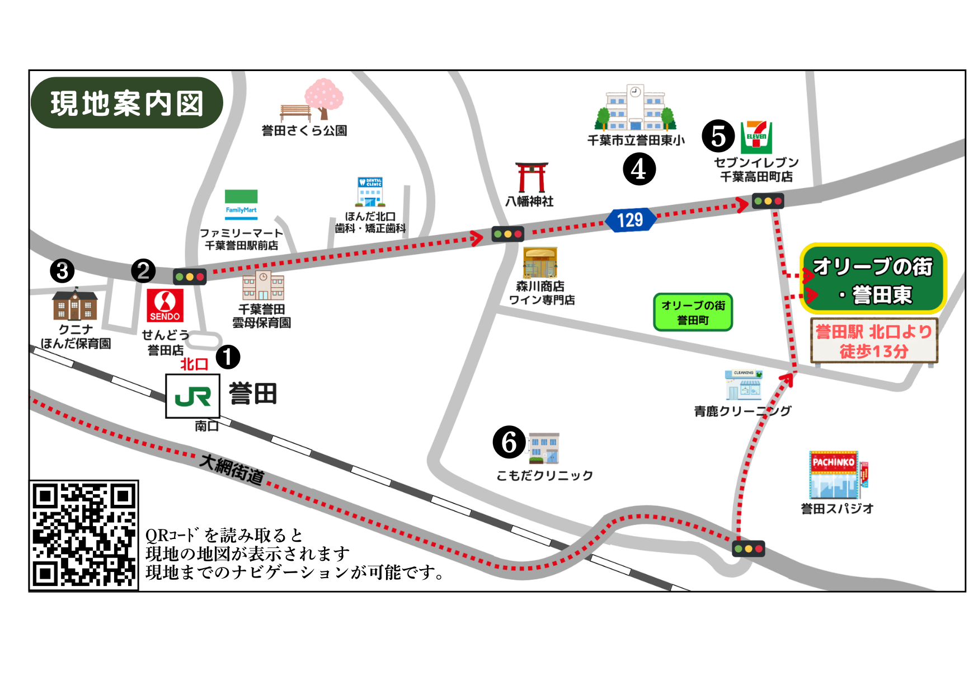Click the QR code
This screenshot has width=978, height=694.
84,535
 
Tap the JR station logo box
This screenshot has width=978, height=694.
192,396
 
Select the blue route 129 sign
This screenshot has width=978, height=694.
630,220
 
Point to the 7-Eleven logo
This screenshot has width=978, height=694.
756,137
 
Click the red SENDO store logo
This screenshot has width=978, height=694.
165,305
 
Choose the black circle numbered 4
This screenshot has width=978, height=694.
639,169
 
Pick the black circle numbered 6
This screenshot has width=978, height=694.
509,442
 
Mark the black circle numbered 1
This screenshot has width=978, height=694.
228,357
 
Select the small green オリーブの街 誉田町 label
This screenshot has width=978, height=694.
693,312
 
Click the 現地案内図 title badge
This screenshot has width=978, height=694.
127,103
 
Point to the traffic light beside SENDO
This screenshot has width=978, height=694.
190,276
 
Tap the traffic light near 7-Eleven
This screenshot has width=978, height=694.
768,200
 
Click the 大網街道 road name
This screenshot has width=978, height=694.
232,469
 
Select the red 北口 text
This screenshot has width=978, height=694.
194,364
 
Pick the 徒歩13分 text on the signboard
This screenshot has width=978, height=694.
873,351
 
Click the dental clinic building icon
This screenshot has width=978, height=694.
370,192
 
